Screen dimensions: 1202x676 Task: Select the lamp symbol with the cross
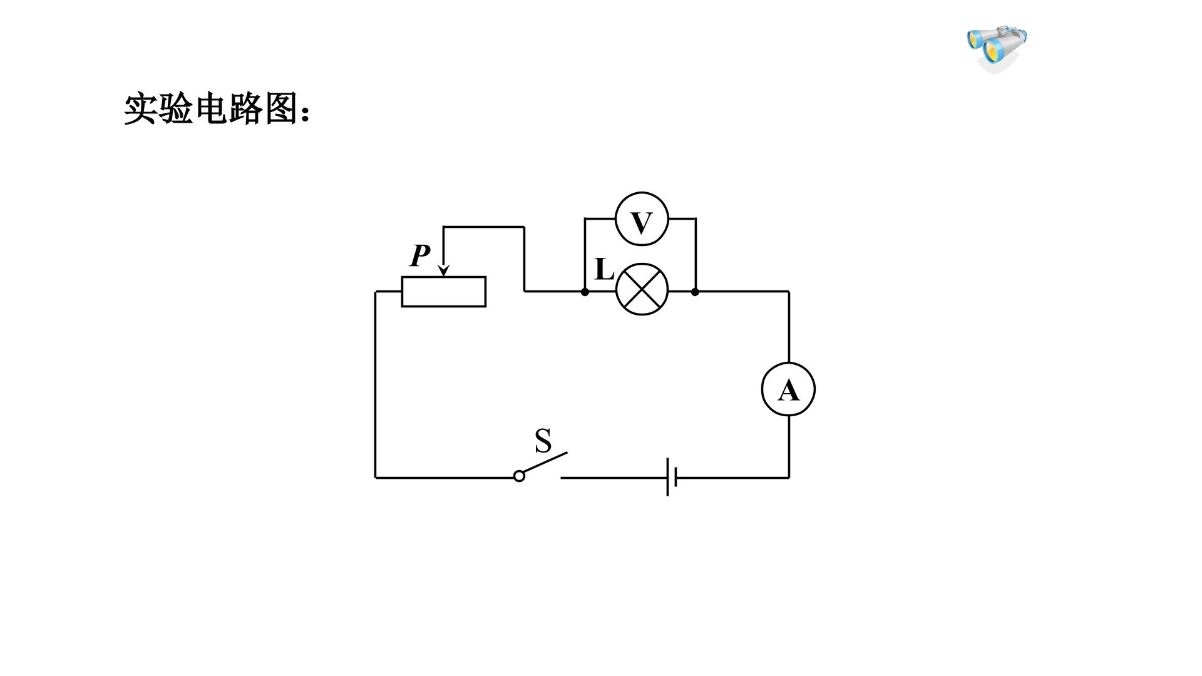click(x=642, y=289)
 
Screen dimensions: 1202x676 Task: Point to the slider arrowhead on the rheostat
click(x=443, y=270)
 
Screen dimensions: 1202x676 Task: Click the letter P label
click(x=420, y=255)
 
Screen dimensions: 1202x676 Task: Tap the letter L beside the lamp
click(x=604, y=269)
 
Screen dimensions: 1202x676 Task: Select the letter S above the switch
click(x=543, y=441)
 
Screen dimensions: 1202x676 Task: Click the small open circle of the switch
click(x=519, y=476)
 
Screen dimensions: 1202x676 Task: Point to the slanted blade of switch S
click(x=545, y=463)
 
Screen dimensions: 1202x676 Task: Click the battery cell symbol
click(x=672, y=477)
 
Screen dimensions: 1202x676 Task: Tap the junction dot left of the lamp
click(x=585, y=292)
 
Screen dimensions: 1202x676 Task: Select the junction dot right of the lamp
click(x=695, y=292)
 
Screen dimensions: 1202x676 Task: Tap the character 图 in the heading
click(x=282, y=109)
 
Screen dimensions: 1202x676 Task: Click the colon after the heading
click(x=306, y=113)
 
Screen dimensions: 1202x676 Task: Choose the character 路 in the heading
click(x=247, y=109)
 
